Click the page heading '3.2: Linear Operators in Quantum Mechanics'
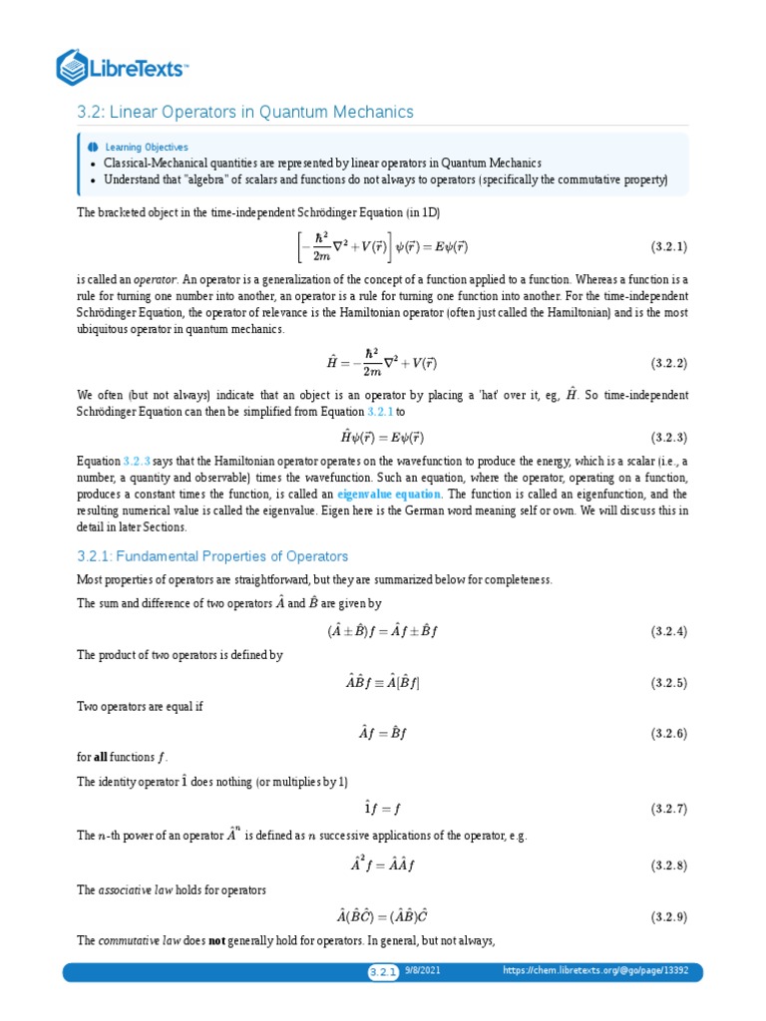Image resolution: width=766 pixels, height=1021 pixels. pos(244,112)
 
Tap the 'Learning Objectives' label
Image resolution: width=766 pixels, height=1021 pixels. pos(153,147)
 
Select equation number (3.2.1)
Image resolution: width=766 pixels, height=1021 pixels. pos(669,244)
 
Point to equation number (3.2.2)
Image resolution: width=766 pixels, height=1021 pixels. pos(669,363)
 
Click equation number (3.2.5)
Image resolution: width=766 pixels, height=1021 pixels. pos(669,683)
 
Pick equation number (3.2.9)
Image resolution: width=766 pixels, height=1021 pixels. pos(669,915)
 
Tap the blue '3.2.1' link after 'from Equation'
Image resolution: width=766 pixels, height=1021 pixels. pos(382,411)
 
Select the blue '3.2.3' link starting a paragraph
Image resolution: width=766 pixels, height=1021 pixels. pos(137,462)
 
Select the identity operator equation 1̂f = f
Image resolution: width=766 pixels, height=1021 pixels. pos(383,808)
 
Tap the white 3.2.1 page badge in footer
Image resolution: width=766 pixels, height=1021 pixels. pos(382,972)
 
